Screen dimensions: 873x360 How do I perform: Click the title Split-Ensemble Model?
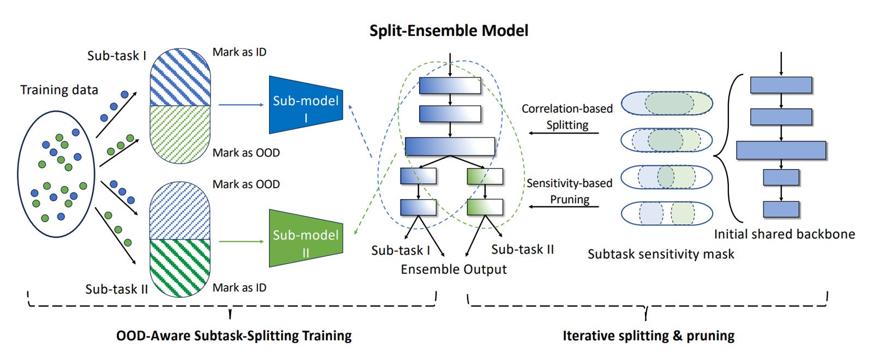(x=449, y=31)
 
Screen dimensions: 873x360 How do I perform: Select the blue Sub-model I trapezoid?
(x=306, y=105)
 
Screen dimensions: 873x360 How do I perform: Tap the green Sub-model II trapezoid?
(x=306, y=238)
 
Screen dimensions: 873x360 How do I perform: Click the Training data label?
(x=59, y=90)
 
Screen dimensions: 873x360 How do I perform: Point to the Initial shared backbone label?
(x=785, y=234)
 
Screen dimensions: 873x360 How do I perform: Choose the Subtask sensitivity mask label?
(x=661, y=254)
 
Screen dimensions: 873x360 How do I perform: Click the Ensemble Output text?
(x=453, y=269)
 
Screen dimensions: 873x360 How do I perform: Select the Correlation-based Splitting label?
(x=567, y=117)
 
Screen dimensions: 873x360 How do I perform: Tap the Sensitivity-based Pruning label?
(x=570, y=191)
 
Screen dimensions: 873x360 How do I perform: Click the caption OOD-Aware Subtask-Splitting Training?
(x=234, y=335)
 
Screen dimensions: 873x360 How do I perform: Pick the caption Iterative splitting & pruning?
(x=649, y=335)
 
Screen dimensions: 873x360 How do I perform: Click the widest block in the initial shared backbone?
(x=781, y=151)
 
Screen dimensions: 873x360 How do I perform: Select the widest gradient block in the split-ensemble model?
(x=450, y=147)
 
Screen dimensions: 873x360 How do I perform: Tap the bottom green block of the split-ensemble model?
(x=485, y=207)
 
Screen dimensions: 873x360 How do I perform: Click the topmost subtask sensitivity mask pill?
(x=667, y=103)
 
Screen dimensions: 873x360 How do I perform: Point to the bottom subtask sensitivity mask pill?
(x=667, y=213)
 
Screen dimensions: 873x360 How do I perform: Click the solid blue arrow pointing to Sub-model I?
(x=241, y=105)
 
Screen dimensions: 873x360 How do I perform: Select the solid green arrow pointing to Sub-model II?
(x=241, y=242)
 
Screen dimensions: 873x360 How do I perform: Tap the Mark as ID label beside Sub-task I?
(x=240, y=52)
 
